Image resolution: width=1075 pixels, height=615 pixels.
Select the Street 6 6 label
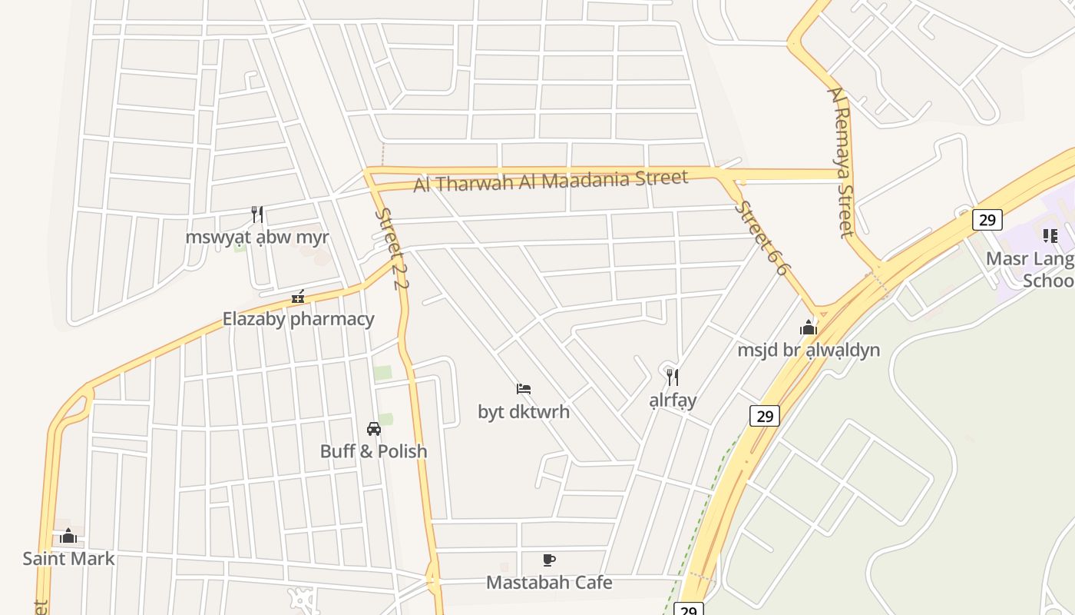(762, 238)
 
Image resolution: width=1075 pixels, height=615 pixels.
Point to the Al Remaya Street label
(840, 161)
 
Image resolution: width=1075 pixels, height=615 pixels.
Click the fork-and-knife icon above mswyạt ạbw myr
(257, 214)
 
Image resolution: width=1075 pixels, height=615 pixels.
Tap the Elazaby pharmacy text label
(299, 318)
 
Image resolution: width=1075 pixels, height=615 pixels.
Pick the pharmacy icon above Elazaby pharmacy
(298, 297)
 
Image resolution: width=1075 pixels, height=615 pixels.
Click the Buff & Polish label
(373, 450)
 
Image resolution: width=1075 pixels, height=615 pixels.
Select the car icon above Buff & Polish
(374, 429)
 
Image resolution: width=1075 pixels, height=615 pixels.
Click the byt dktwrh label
(524, 411)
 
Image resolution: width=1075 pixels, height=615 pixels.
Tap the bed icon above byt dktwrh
(524, 389)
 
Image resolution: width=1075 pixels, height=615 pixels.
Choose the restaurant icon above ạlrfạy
(672, 377)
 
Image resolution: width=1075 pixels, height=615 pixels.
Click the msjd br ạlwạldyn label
(809, 350)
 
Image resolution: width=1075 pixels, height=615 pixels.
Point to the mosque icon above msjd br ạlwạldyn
(809, 328)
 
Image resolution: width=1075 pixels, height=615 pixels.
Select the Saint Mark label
(68, 558)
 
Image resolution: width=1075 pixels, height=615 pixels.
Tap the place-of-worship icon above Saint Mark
(68, 536)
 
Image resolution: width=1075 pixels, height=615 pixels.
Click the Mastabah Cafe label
(549, 582)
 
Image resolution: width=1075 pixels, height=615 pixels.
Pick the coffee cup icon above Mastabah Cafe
(548, 560)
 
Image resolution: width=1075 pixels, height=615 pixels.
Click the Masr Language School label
(1033, 268)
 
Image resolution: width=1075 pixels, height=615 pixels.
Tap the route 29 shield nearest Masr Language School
(987, 220)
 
